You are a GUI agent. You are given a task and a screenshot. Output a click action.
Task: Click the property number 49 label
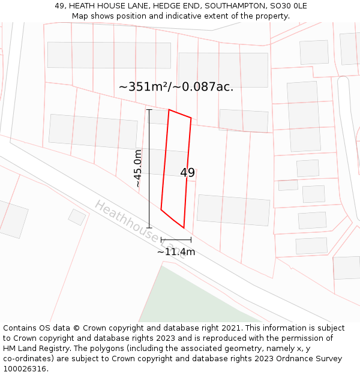coord(187,173)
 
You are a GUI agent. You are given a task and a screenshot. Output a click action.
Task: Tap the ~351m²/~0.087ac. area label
coord(176,87)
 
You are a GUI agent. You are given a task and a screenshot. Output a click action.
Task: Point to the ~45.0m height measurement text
coord(138,169)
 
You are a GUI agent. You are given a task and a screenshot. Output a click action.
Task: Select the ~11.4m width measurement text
coord(176,252)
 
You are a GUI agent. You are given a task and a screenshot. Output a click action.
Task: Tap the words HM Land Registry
coord(35,349)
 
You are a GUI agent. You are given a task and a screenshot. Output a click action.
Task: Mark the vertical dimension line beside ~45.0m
coord(149,169)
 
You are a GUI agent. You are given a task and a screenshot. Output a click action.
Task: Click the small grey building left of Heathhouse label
coord(77,217)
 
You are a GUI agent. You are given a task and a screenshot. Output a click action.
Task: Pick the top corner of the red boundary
coord(169,110)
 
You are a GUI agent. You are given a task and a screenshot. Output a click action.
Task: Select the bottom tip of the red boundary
coord(183,228)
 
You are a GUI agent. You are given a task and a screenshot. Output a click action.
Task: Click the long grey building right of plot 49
coord(233,210)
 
